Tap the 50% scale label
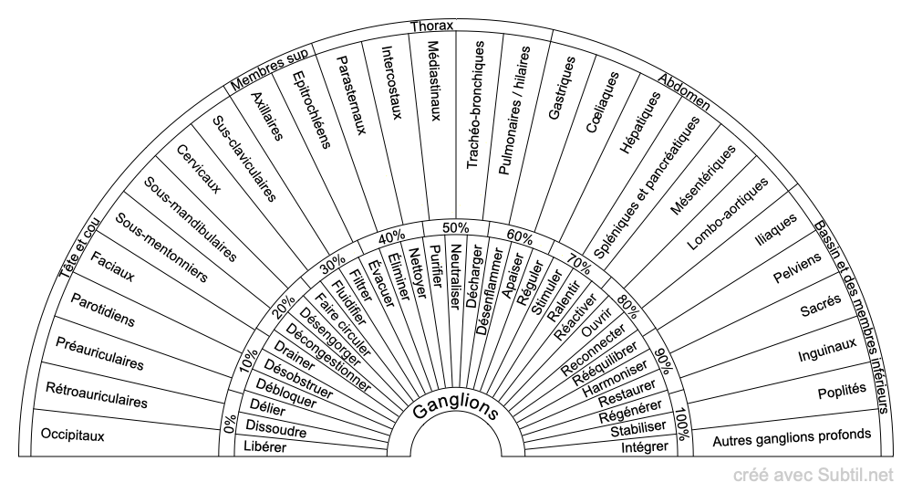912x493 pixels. pos(455,227)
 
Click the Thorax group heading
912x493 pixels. pos(431,26)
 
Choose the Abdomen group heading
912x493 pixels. pos(684,92)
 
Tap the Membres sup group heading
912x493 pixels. pos(269,70)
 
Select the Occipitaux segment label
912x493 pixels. pos(72,435)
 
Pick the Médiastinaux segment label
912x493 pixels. pos(434,80)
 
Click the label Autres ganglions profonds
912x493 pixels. pos(792,437)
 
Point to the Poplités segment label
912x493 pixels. pos(842,391)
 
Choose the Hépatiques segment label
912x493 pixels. pos(640,122)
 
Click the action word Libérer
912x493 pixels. pos(265,447)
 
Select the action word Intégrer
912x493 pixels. pos(645,447)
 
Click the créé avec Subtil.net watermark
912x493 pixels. pos(814,476)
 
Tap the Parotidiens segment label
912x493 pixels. pos(102,309)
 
